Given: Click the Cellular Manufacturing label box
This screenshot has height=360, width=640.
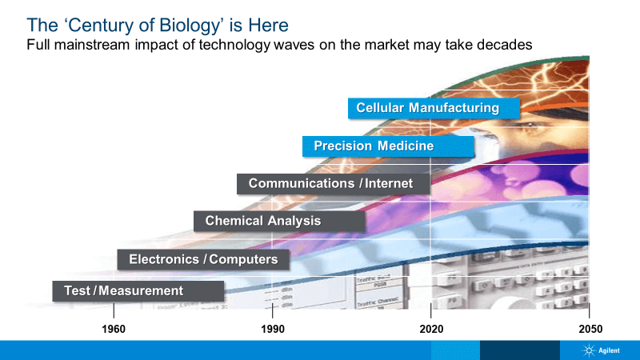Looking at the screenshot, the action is coord(434,108).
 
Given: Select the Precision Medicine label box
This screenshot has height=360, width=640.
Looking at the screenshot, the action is coord(388,146).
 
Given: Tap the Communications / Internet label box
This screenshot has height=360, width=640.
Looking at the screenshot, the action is coord(334,184).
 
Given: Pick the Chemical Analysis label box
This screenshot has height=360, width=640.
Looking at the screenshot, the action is coord(279,222).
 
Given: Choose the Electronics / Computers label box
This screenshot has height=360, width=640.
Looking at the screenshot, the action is coord(203,259).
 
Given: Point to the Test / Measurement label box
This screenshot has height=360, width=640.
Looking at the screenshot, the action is coord(138,291).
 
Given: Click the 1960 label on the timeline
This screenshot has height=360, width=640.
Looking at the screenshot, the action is coord(114,329).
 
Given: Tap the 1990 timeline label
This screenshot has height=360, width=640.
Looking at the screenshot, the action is coord(273,329).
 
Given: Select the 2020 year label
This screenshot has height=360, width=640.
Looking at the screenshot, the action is coord(431,329).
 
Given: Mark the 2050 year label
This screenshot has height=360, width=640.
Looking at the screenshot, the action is coord(590,329).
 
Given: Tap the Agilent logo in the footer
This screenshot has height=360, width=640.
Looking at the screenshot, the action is coord(601,350).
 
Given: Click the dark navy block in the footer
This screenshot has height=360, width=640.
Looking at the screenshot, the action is coord(519,350).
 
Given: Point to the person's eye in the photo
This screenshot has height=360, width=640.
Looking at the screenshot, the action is coord(530,124).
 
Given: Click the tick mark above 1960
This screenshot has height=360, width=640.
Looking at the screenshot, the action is coord(114,310).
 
